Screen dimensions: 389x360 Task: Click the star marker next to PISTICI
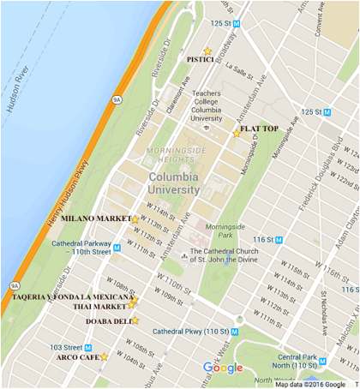tap(207, 51)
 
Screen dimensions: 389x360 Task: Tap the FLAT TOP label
tap(259, 129)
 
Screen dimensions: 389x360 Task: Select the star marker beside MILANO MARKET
tap(135, 219)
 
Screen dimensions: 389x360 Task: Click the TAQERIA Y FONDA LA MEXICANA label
tap(72, 296)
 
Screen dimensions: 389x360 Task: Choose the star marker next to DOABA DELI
tap(135, 320)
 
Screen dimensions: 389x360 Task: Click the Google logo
tap(223, 368)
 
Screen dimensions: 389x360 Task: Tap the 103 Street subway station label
tap(66, 347)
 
